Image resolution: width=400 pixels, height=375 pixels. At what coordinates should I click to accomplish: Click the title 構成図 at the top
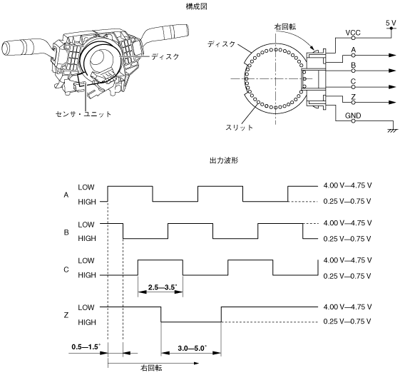tap(196, 6)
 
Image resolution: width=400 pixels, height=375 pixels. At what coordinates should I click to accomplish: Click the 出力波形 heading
tap(224, 160)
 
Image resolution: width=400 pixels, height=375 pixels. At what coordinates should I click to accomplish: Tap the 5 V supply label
tap(391, 24)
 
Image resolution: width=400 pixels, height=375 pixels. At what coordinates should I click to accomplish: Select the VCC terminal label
tap(353, 33)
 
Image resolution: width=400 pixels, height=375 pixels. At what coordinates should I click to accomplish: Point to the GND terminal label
tap(353, 115)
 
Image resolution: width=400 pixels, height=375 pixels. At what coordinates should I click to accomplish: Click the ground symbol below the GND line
tap(393, 130)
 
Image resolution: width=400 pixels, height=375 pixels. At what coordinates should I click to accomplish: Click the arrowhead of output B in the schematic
tap(392, 71)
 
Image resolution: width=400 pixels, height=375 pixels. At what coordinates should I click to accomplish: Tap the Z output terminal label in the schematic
tap(353, 97)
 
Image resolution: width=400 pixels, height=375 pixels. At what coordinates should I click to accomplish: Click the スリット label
tap(239, 127)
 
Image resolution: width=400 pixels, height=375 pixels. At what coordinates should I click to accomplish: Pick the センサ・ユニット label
tap(83, 114)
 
